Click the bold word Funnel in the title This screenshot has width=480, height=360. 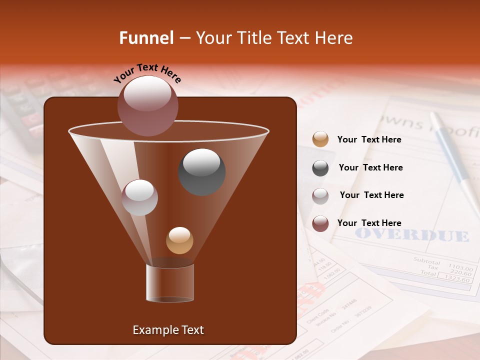(146, 38)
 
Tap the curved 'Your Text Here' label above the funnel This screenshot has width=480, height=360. (147, 73)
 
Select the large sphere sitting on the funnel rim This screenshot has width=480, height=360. (147, 105)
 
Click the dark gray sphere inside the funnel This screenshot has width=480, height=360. (202, 172)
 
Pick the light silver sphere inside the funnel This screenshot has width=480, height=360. (139, 197)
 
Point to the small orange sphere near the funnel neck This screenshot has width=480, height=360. (179, 240)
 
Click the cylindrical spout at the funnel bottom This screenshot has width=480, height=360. (170, 283)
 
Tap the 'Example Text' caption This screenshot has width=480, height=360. (168, 330)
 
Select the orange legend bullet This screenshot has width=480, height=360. (320, 139)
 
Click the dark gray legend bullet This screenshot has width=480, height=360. (320, 167)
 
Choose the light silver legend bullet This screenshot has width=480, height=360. (320, 195)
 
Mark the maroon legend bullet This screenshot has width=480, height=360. (320, 223)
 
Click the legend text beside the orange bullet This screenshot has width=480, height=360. (369, 140)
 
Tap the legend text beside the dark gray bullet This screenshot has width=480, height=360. (370, 168)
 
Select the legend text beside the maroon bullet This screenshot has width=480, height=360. (369, 223)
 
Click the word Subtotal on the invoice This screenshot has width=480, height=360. (426, 261)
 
